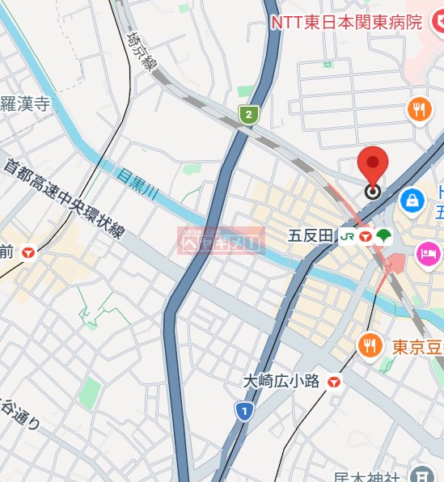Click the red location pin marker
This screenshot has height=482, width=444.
pos(373,166)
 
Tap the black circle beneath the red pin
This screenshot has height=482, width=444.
pos(373,192)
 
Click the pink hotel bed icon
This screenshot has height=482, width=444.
pos(428,254)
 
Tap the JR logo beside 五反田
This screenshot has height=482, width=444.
pos(347,236)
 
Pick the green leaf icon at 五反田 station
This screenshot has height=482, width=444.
pos(383,236)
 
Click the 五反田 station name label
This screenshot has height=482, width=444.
pos(311,236)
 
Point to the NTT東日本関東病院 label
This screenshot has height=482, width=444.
pos(346,23)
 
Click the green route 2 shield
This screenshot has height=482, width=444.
pos(248,115)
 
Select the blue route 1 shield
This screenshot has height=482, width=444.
pos(242,412)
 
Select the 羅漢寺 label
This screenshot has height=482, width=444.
pos(26,103)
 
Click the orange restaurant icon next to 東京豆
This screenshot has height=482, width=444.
pos(370,346)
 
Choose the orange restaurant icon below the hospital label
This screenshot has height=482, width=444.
pos(419,109)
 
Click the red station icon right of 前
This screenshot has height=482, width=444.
pos(30,252)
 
